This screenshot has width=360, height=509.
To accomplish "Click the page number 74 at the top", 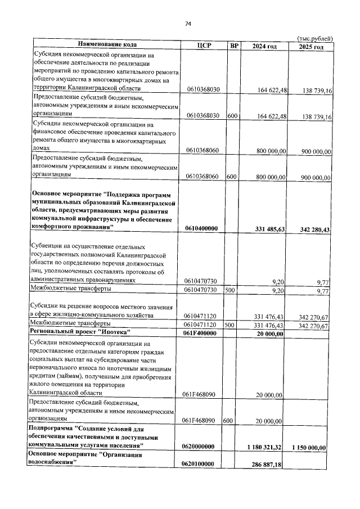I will (188, 24).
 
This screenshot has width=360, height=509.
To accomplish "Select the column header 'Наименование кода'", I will (107, 45).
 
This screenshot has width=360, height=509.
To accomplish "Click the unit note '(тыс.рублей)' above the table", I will (314, 38).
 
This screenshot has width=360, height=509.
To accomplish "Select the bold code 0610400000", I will (201, 228).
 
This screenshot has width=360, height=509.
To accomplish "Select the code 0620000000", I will (201, 446).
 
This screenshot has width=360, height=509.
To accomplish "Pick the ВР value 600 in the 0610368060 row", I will (230, 176).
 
